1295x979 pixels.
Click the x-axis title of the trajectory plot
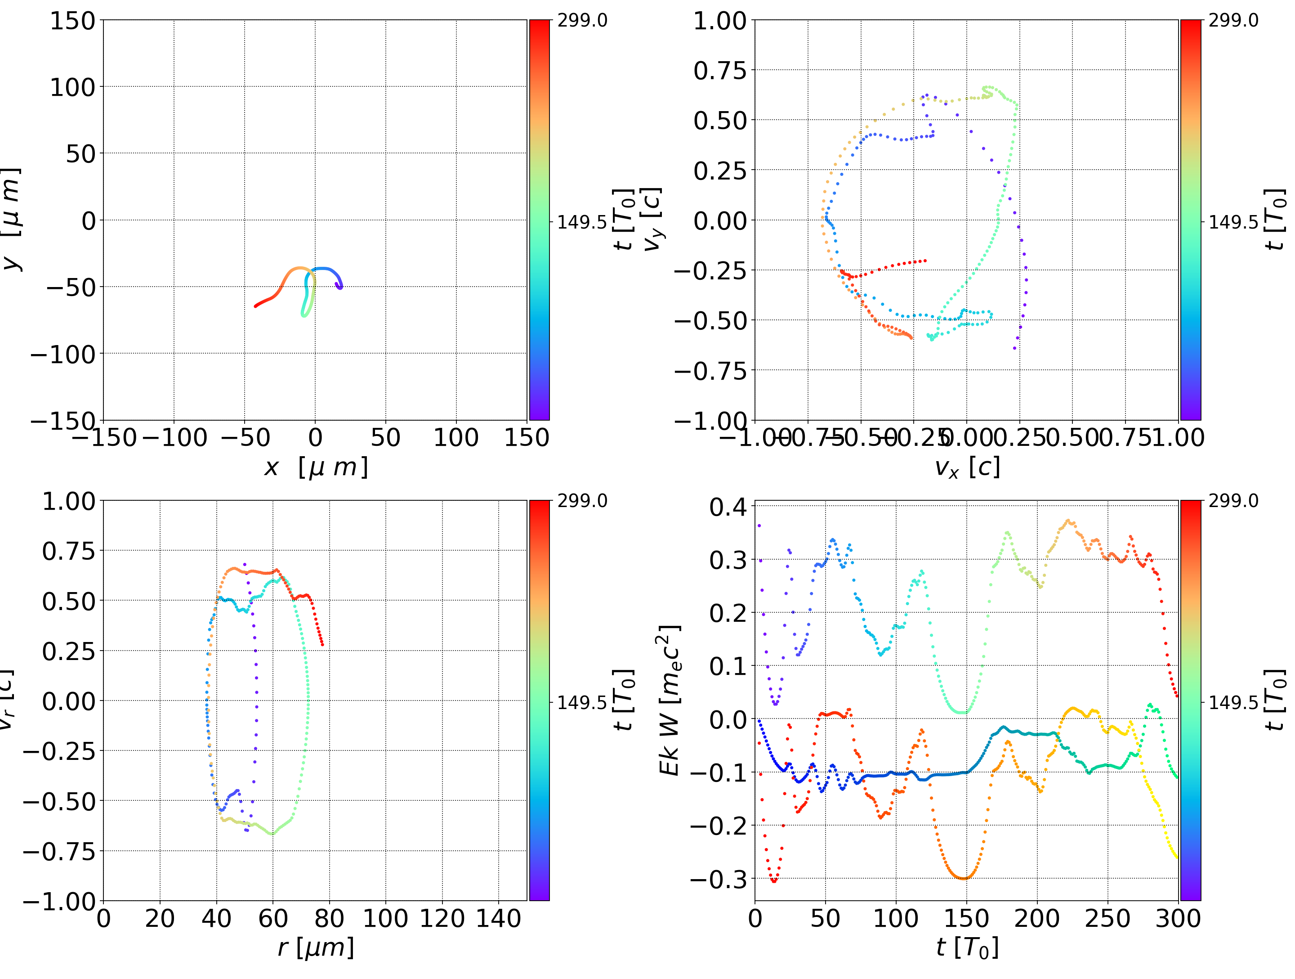click(x=316, y=467)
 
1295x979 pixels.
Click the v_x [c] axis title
click(x=967, y=467)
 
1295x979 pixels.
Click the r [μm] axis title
click(x=316, y=948)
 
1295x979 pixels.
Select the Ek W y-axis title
click(x=669, y=700)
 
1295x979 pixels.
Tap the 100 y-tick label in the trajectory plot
click(x=72, y=87)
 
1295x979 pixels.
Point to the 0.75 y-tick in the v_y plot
click(x=720, y=71)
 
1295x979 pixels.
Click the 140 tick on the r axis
click(x=498, y=919)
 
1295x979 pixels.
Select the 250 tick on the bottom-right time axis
click(x=1107, y=919)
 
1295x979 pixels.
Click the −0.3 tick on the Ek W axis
click(x=718, y=879)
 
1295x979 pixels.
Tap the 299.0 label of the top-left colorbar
click(x=582, y=21)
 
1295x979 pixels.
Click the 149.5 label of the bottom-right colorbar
click(x=1233, y=702)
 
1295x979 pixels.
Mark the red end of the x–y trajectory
click(x=256, y=306)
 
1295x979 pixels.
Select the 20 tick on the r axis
click(x=160, y=919)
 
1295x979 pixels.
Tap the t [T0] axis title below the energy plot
click(x=967, y=948)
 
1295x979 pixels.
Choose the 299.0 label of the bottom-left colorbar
click(x=582, y=501)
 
